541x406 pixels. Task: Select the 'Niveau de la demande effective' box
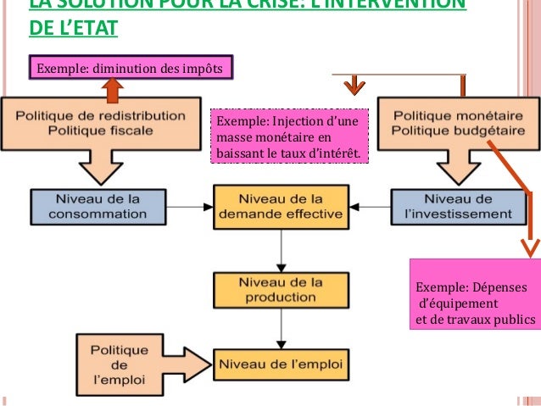281,206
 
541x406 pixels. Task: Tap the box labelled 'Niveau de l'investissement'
453,206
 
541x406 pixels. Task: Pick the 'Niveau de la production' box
281,289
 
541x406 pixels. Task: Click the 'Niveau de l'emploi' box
281,364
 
